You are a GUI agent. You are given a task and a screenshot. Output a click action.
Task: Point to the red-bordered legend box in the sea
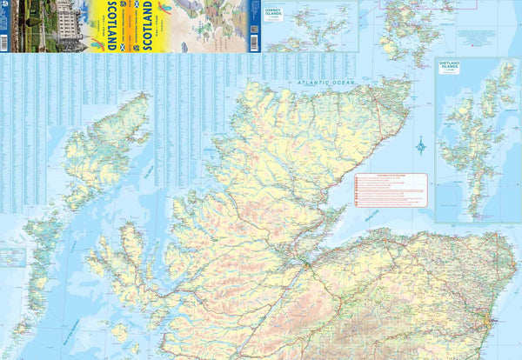point(390,190)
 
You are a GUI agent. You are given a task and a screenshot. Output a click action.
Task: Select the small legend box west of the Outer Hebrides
point(12,257)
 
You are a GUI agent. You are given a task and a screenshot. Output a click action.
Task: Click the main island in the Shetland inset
point(475,157)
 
